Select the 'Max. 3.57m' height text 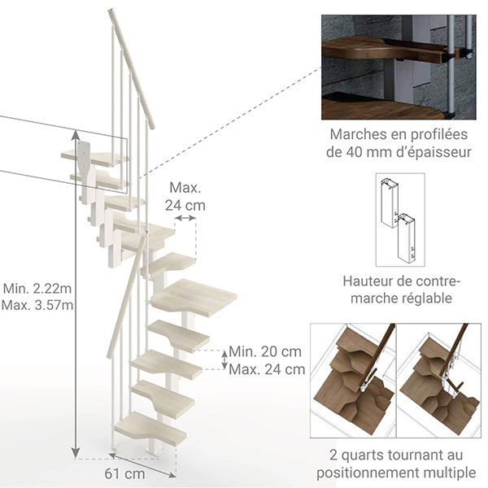click(x=37, y=305)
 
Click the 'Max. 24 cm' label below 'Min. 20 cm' click(x=267, y=369)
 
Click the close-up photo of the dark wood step click(x=399, y=67)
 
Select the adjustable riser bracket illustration click(x=399, y=221)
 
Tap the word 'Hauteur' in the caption click(x=369, y=281)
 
